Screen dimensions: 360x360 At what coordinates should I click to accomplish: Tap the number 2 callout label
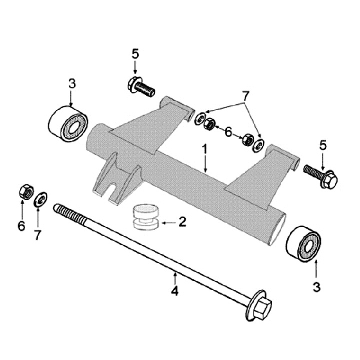click(182, 222)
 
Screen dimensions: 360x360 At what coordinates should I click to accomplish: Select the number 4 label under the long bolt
click(174, 290)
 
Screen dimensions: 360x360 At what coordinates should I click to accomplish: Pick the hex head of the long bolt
click(260, 305)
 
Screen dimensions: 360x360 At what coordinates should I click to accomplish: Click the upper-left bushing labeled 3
click(68, 123)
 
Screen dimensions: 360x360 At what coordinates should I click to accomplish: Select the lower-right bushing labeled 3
click(303, 243)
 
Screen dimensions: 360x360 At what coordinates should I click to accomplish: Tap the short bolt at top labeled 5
click(140, 87)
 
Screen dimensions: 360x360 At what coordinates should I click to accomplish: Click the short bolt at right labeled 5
click(320, 176)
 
